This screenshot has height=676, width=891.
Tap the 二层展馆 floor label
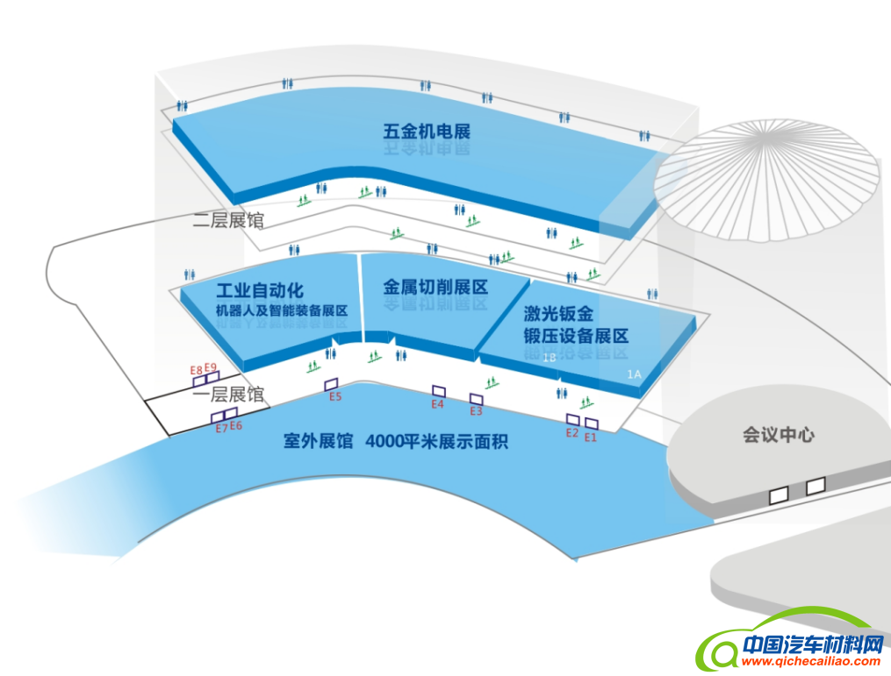[x=228, y=220]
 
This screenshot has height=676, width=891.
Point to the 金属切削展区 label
[x=435, y=287]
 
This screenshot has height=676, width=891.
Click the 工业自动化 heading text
[x=260, y=290]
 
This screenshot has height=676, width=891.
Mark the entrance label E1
[x=591, y=437]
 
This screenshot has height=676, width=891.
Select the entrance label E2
[x=571, y=432]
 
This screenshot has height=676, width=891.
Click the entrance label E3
[x=477, y=411]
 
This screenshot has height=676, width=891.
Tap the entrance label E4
[x=438, y=404]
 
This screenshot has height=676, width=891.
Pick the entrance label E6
[x=236, y=426]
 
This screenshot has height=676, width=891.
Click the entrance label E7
[x=221, y=428]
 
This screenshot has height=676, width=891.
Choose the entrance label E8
[x=197, y=370]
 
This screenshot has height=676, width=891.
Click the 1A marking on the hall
[x=635, y=374]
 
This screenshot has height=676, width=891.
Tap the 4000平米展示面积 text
[x=437, y=441]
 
